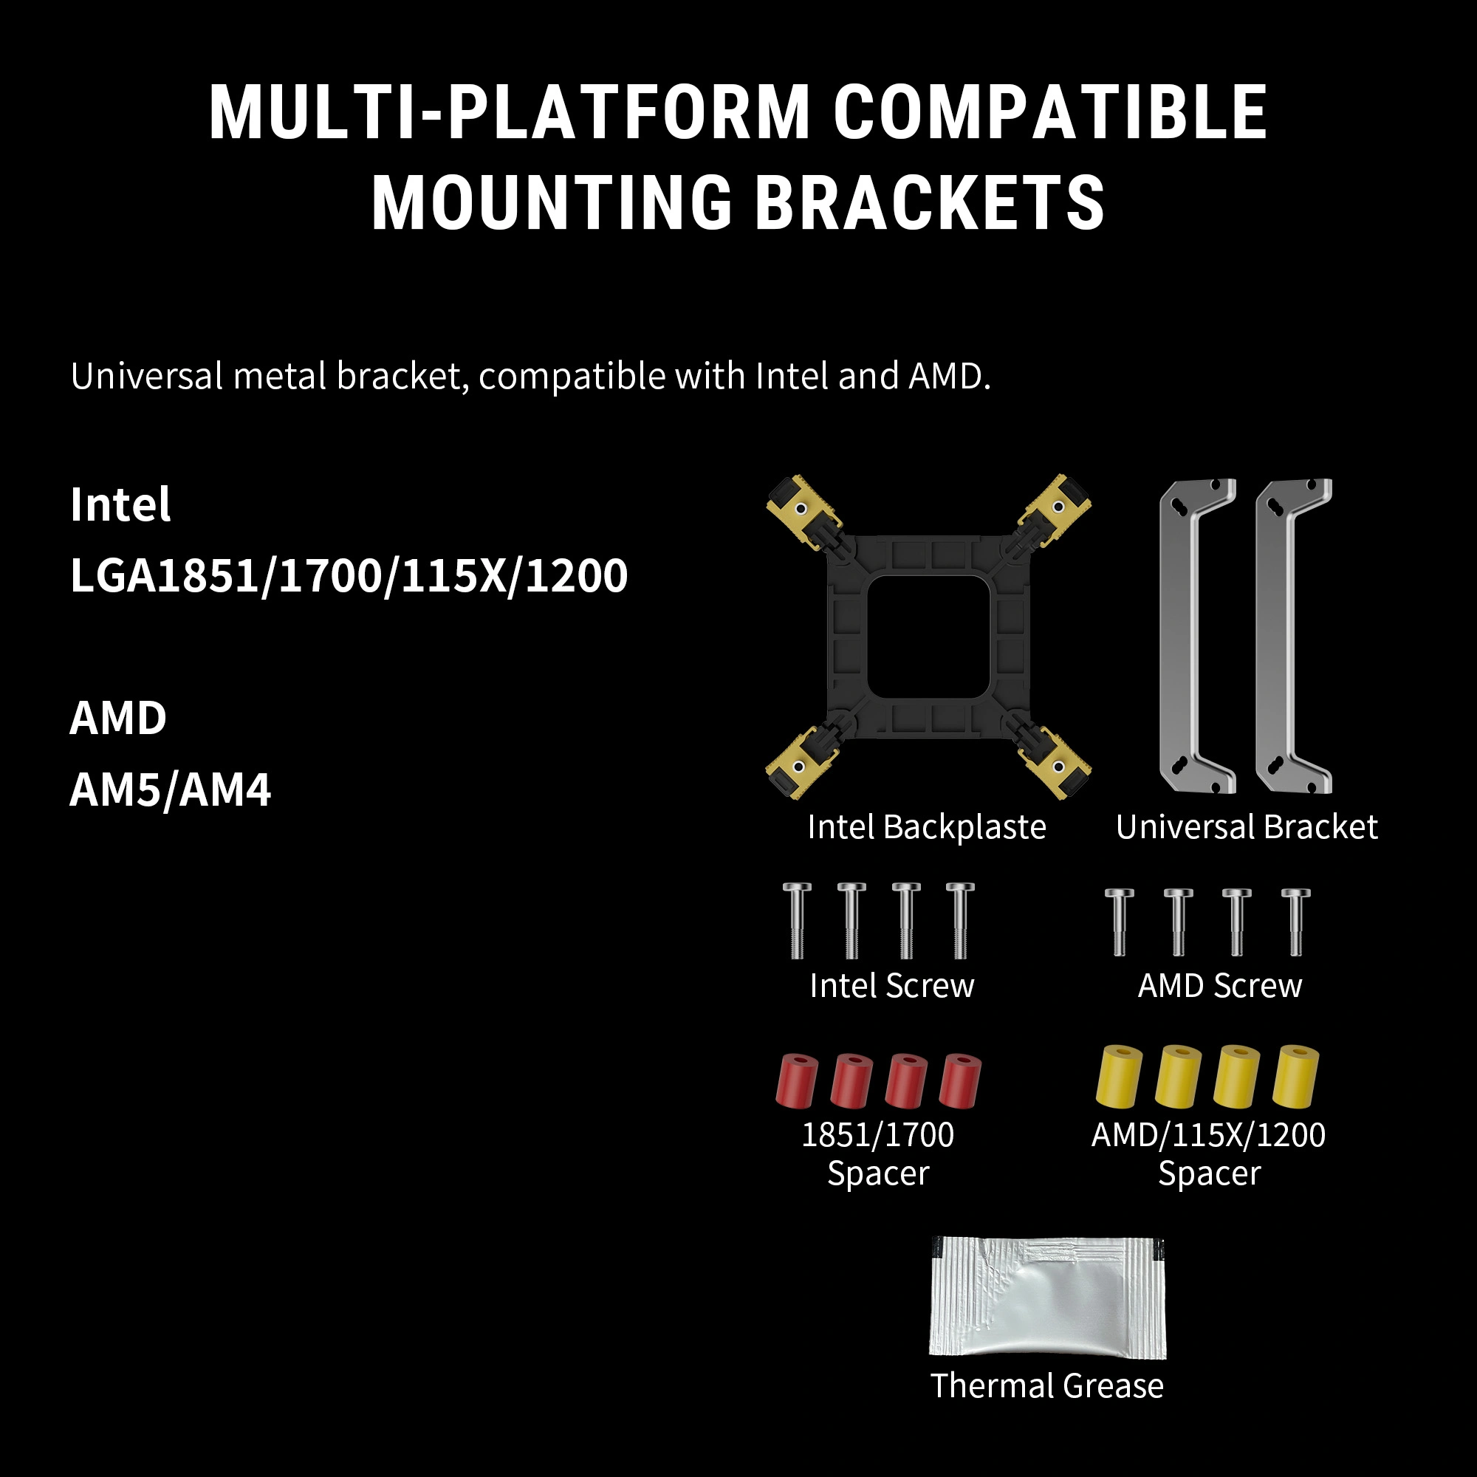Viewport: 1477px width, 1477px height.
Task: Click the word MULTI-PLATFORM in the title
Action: coord(509,112)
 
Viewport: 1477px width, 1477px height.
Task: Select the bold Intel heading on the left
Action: coord(120,504)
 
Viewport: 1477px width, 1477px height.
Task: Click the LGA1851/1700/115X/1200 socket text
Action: coord(349,576)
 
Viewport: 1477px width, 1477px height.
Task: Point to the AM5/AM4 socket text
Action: coord(170,789)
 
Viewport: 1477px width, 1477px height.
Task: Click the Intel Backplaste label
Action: coord(927,827)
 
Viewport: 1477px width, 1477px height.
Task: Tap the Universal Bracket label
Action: coord(1246,827)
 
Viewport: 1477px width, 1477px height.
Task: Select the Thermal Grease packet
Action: coord(1047,1298)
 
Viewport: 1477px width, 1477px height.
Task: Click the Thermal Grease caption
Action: coord(1046,1385)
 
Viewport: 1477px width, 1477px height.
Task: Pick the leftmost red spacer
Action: coord(797,1081)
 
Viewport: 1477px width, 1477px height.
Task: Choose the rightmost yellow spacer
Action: coord(1295,1077)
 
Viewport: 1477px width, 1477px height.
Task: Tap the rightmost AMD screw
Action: coord(1295,922)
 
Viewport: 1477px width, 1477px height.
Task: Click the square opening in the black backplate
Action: coord(928,636)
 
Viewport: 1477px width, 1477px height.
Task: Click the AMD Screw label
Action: coord(1219,986)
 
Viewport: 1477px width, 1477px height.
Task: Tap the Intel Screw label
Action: coord(892,986)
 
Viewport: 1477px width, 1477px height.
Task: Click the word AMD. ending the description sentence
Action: coord(949,376)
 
